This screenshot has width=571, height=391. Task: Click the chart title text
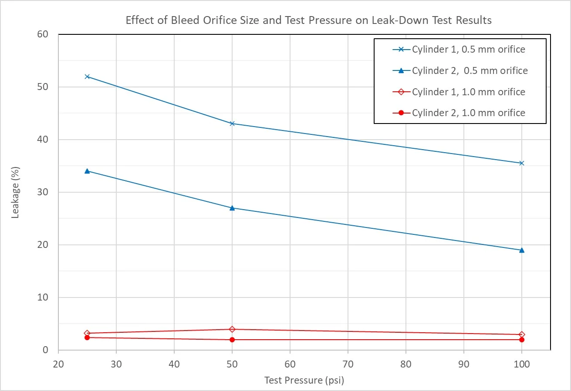(x=308, y=20)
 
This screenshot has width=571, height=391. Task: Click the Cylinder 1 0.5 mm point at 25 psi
(x=87, y=77)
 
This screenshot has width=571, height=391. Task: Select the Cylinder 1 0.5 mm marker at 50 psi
(x=232, y=124)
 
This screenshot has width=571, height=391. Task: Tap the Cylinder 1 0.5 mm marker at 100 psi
(x=522, y=163)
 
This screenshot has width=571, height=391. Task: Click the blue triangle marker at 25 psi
(x=87, y=171)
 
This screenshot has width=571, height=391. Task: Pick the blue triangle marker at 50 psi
(x=232, y=208)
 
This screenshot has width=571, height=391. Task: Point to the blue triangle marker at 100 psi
(x=522, y=250)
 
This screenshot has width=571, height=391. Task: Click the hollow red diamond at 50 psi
(x=232, y=329)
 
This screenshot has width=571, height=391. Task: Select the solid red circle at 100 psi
(x=522, y=340)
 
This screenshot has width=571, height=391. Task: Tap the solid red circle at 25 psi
(x=87, y=338)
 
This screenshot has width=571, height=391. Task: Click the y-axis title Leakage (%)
(x=15, y=192)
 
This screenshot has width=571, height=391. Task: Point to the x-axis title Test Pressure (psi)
(x=304, y=380)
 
